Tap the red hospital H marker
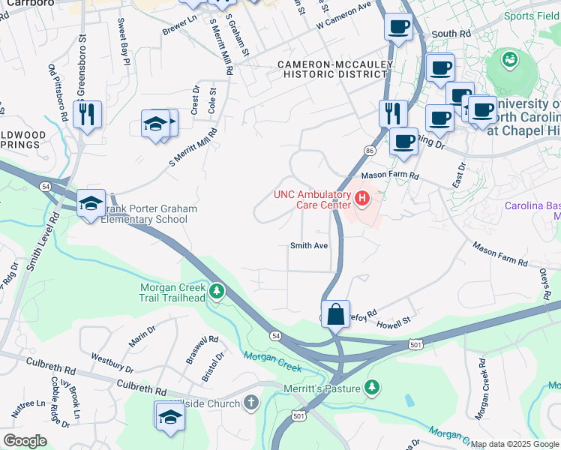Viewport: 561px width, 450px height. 362,199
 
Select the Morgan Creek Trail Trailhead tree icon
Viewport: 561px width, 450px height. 217,290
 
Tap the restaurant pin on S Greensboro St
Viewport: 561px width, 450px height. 88,115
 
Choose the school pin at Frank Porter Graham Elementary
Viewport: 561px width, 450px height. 91,203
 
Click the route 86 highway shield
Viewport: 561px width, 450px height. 369,151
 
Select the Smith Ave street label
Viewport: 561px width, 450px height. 310,245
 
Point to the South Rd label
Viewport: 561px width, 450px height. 451,34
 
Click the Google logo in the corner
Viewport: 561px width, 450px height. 25,440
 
